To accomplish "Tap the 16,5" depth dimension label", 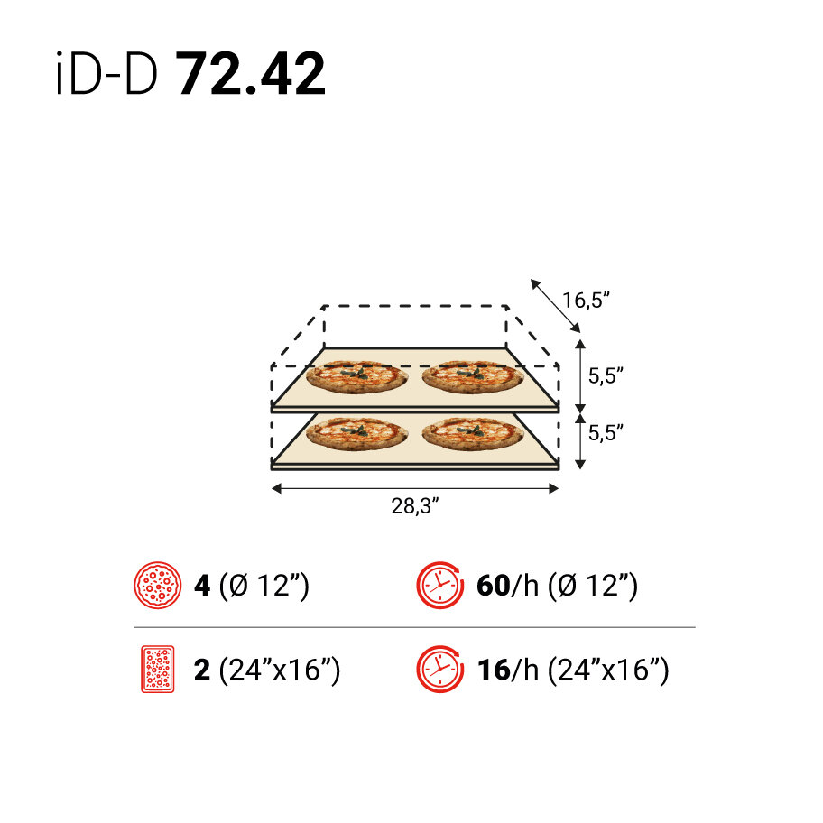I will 587,301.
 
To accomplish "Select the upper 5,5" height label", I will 606,376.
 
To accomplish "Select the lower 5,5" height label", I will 606,432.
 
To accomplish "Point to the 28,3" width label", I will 414,506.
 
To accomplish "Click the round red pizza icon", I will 157,586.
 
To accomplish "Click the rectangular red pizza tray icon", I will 157,670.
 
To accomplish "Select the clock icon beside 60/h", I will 439,586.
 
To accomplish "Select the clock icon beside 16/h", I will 439,670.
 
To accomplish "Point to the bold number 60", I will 493,586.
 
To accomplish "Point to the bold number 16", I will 492,670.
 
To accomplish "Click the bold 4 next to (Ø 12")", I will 202,586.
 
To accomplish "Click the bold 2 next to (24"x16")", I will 202,670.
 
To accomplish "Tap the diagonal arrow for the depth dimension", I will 555,304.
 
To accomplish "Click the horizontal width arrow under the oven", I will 415,488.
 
